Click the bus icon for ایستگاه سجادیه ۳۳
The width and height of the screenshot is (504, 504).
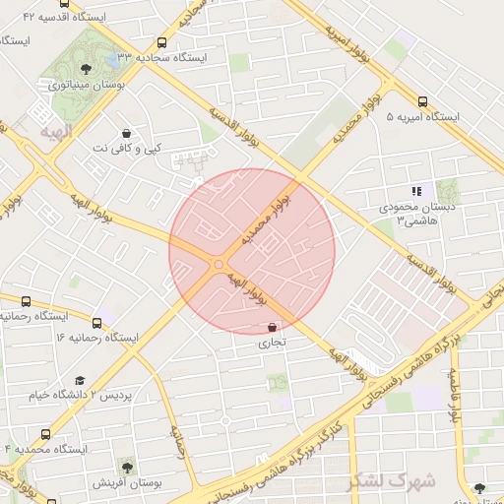click(x=161, y=42)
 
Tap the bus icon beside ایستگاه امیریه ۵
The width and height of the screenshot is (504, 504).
click(x=422, y=101)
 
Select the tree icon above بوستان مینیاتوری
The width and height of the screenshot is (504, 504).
click(x=87, y=68)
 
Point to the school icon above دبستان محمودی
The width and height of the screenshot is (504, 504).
click(x=415, y=191)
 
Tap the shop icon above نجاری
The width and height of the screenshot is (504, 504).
click(x=272, y=327)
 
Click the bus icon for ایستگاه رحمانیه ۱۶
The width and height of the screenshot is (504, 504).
click(x=96, y=322)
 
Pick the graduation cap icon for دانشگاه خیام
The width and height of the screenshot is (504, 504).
click(x=80, y=379)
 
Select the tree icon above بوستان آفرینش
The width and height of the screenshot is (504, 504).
click(x=126, y=465)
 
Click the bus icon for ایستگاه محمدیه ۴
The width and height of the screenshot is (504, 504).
click(x=45, y=433)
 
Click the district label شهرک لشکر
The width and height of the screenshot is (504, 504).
click(x=391, y=481)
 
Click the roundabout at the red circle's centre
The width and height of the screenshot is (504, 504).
click(x=219, y=264)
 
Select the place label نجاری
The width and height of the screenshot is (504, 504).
click(x=271, y=345)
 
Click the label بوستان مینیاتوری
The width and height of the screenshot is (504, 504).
click(x=87, y=85)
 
